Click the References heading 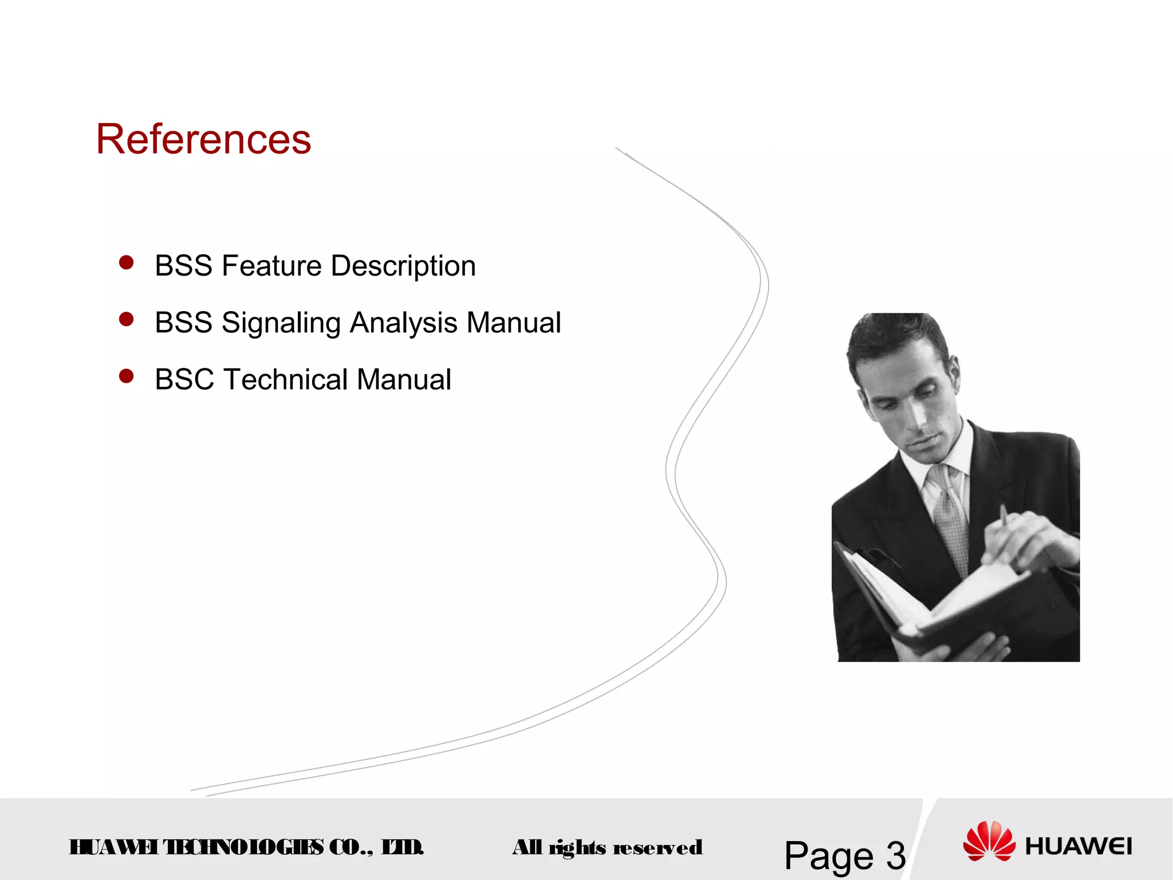(x=203, y=139)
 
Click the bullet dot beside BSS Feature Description (x=126, y=263)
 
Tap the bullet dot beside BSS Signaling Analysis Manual (x=126, y=319)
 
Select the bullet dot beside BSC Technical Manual (x=126, y=376)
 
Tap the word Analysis (x=404, y=323)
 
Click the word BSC (x=184, y=379)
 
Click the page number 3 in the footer (x=896, y=856)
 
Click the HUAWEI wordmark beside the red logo (x=1078, y=846)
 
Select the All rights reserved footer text (x=607, y=847)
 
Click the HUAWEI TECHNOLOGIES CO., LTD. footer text (x=246, y=847)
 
